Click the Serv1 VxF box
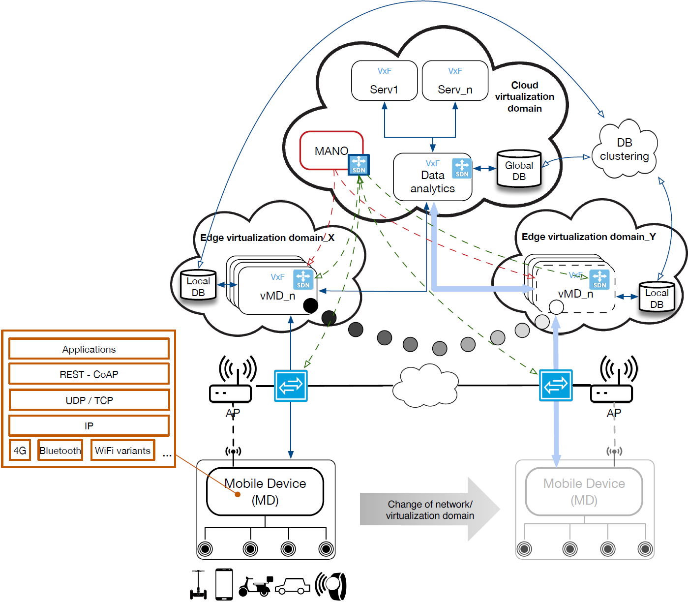(x=384, y=81)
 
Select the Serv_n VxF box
(x=455, y=81)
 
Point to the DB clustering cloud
(x=625, y=150)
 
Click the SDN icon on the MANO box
(x=359, y=164)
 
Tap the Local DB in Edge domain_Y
(x=657, y=298)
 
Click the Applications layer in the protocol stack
(x=89, y=349)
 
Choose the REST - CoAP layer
(x=89, y=374)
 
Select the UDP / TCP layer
(x=89, y=400)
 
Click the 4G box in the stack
(x=20, y=451)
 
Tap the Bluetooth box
(x=60, y=451)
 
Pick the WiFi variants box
(x=122, y=451)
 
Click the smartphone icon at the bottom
(x=224, y=584)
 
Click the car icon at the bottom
(x=292, y=586)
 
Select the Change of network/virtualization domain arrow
(x=429, y=510)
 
